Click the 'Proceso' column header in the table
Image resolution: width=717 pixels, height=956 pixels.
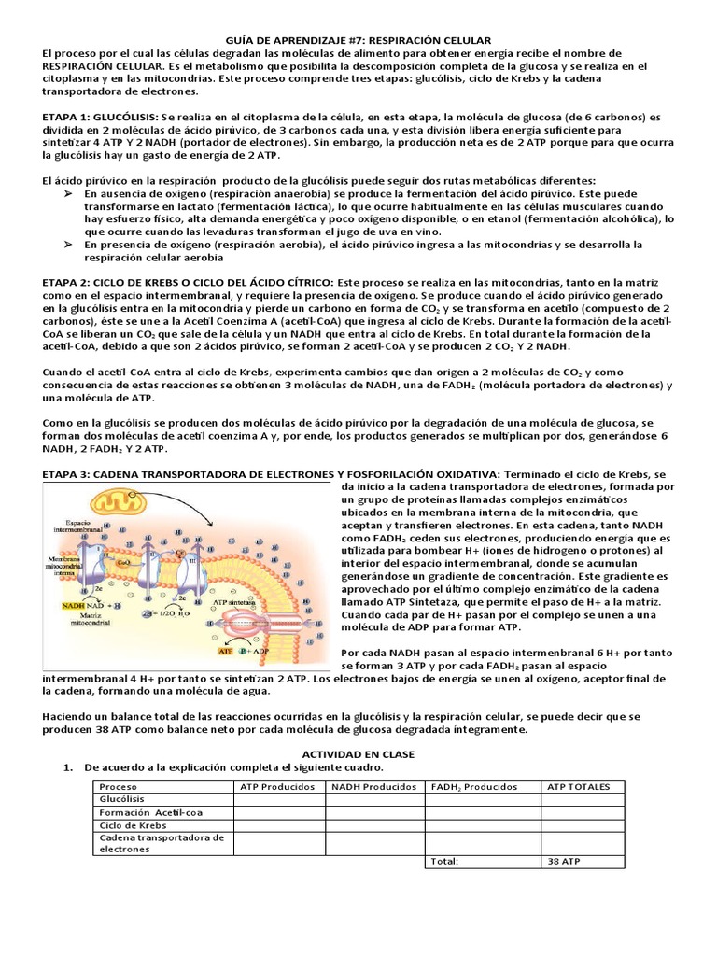tap(119, 787)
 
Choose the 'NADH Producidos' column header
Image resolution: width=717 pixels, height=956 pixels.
tap(373, 787)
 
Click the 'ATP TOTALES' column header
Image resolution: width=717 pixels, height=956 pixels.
tap(579, 787)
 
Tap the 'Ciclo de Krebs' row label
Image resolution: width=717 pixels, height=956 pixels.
tap(132, 825)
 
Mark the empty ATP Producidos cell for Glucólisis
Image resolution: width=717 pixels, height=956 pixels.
tap(279, 799)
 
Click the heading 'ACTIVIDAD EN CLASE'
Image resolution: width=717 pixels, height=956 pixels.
tap(358, 753)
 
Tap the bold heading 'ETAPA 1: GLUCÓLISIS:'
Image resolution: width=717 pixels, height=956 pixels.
tap(102, 117)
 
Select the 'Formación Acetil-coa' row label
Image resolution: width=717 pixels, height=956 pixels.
tap(145, 812)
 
